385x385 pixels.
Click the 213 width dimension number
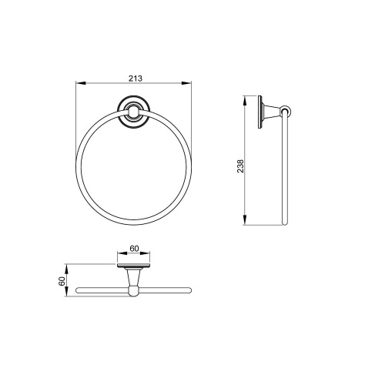136,78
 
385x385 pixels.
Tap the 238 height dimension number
240,166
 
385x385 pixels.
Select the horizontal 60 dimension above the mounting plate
134,249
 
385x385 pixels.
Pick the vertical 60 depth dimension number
62,281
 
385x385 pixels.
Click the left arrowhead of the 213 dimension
80,83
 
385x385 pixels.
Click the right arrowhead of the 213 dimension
186,83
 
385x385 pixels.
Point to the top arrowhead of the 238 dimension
245,100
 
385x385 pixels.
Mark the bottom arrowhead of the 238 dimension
245,220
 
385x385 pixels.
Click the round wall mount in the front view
133,112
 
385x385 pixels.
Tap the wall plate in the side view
260,112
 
